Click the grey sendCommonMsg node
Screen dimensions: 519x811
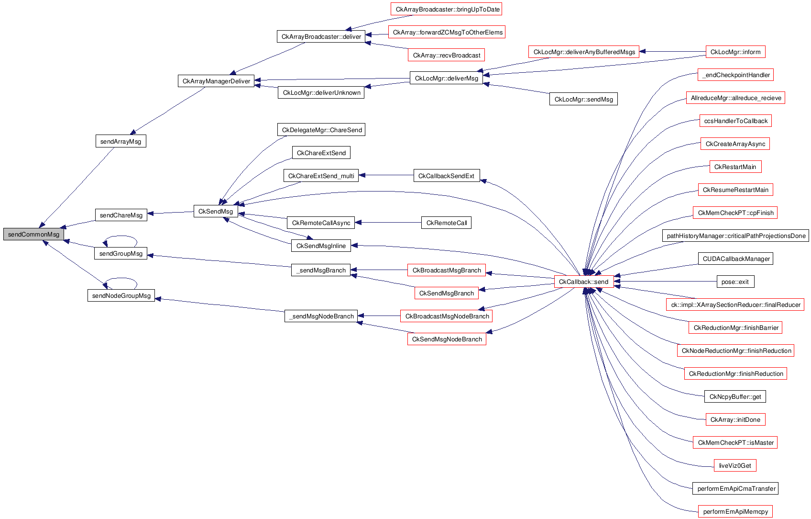point(33,235)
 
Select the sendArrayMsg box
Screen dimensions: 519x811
point(121,141)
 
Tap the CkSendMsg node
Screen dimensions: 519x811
point(216,212)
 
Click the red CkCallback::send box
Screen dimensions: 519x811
point(583,282)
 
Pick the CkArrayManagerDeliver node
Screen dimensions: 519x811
point(216,81)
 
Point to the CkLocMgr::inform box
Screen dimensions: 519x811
point(735,52)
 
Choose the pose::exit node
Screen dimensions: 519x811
point(735,282)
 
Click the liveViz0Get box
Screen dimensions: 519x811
point(735,466)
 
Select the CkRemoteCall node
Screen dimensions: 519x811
point(447,223)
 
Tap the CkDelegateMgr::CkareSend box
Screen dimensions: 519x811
point(321,130)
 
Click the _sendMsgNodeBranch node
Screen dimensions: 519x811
point(321,316)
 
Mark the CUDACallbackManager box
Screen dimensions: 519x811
point(736,259)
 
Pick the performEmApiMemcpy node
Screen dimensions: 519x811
point(735,512)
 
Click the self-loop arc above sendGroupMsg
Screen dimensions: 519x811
point(121,236)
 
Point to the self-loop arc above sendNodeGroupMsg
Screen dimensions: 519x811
point(121,278)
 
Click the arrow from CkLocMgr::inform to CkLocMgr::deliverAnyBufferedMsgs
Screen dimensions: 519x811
point(672,52)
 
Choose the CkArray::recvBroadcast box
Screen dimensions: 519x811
point(446,56)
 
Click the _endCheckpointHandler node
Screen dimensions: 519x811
point(736,75)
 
